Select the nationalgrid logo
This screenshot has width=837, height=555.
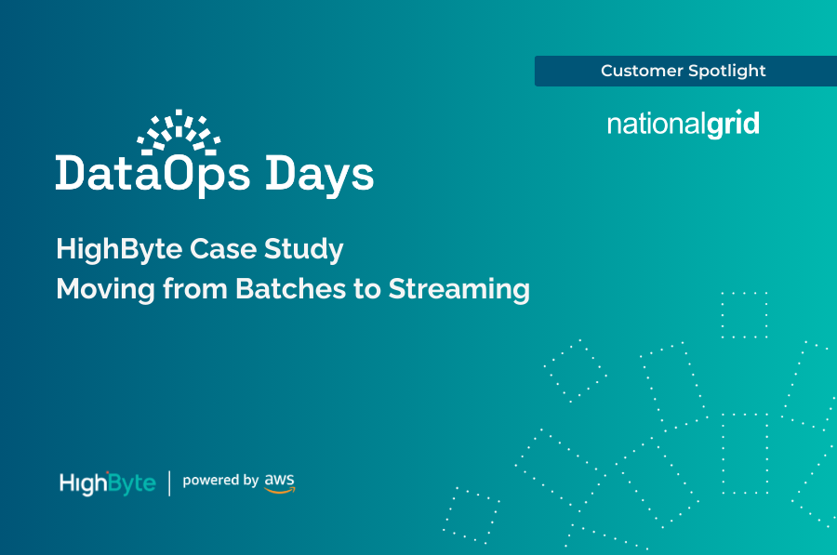click(683, 125)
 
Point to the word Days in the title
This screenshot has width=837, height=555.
click(320, 174)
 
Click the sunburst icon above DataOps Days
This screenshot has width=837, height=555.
click(179, 131)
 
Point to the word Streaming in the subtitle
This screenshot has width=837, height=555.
click(458, 289)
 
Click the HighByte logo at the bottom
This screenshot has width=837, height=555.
click(107, 483)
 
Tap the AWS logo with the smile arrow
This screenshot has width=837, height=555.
click(279, 482)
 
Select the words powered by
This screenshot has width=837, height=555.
click(220, 482)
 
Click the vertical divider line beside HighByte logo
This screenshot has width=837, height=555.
click(169, 483)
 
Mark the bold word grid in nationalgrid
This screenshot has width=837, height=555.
click(733, 125)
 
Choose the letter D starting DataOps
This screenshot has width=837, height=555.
click(71, 174)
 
